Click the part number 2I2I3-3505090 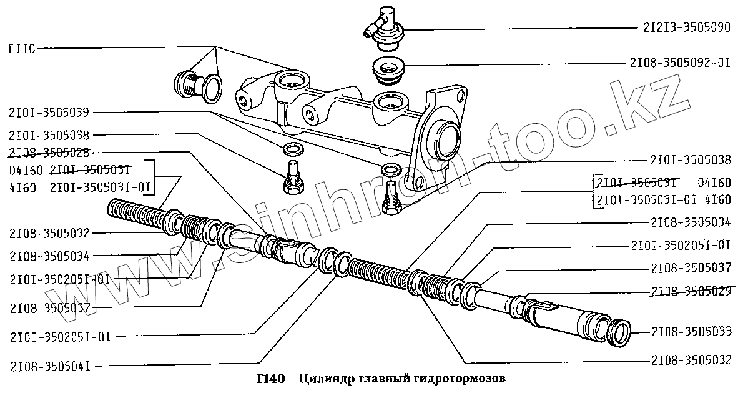click(685, 28)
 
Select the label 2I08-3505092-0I click(681, 63)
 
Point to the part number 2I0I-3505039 click(49, 112)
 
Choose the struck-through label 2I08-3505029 click(690, 291)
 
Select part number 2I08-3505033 click(690, 331)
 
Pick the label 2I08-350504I click(50, 366)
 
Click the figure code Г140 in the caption click(270, 379)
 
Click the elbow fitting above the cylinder click(382, 25)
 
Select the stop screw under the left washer click(292, 175)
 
